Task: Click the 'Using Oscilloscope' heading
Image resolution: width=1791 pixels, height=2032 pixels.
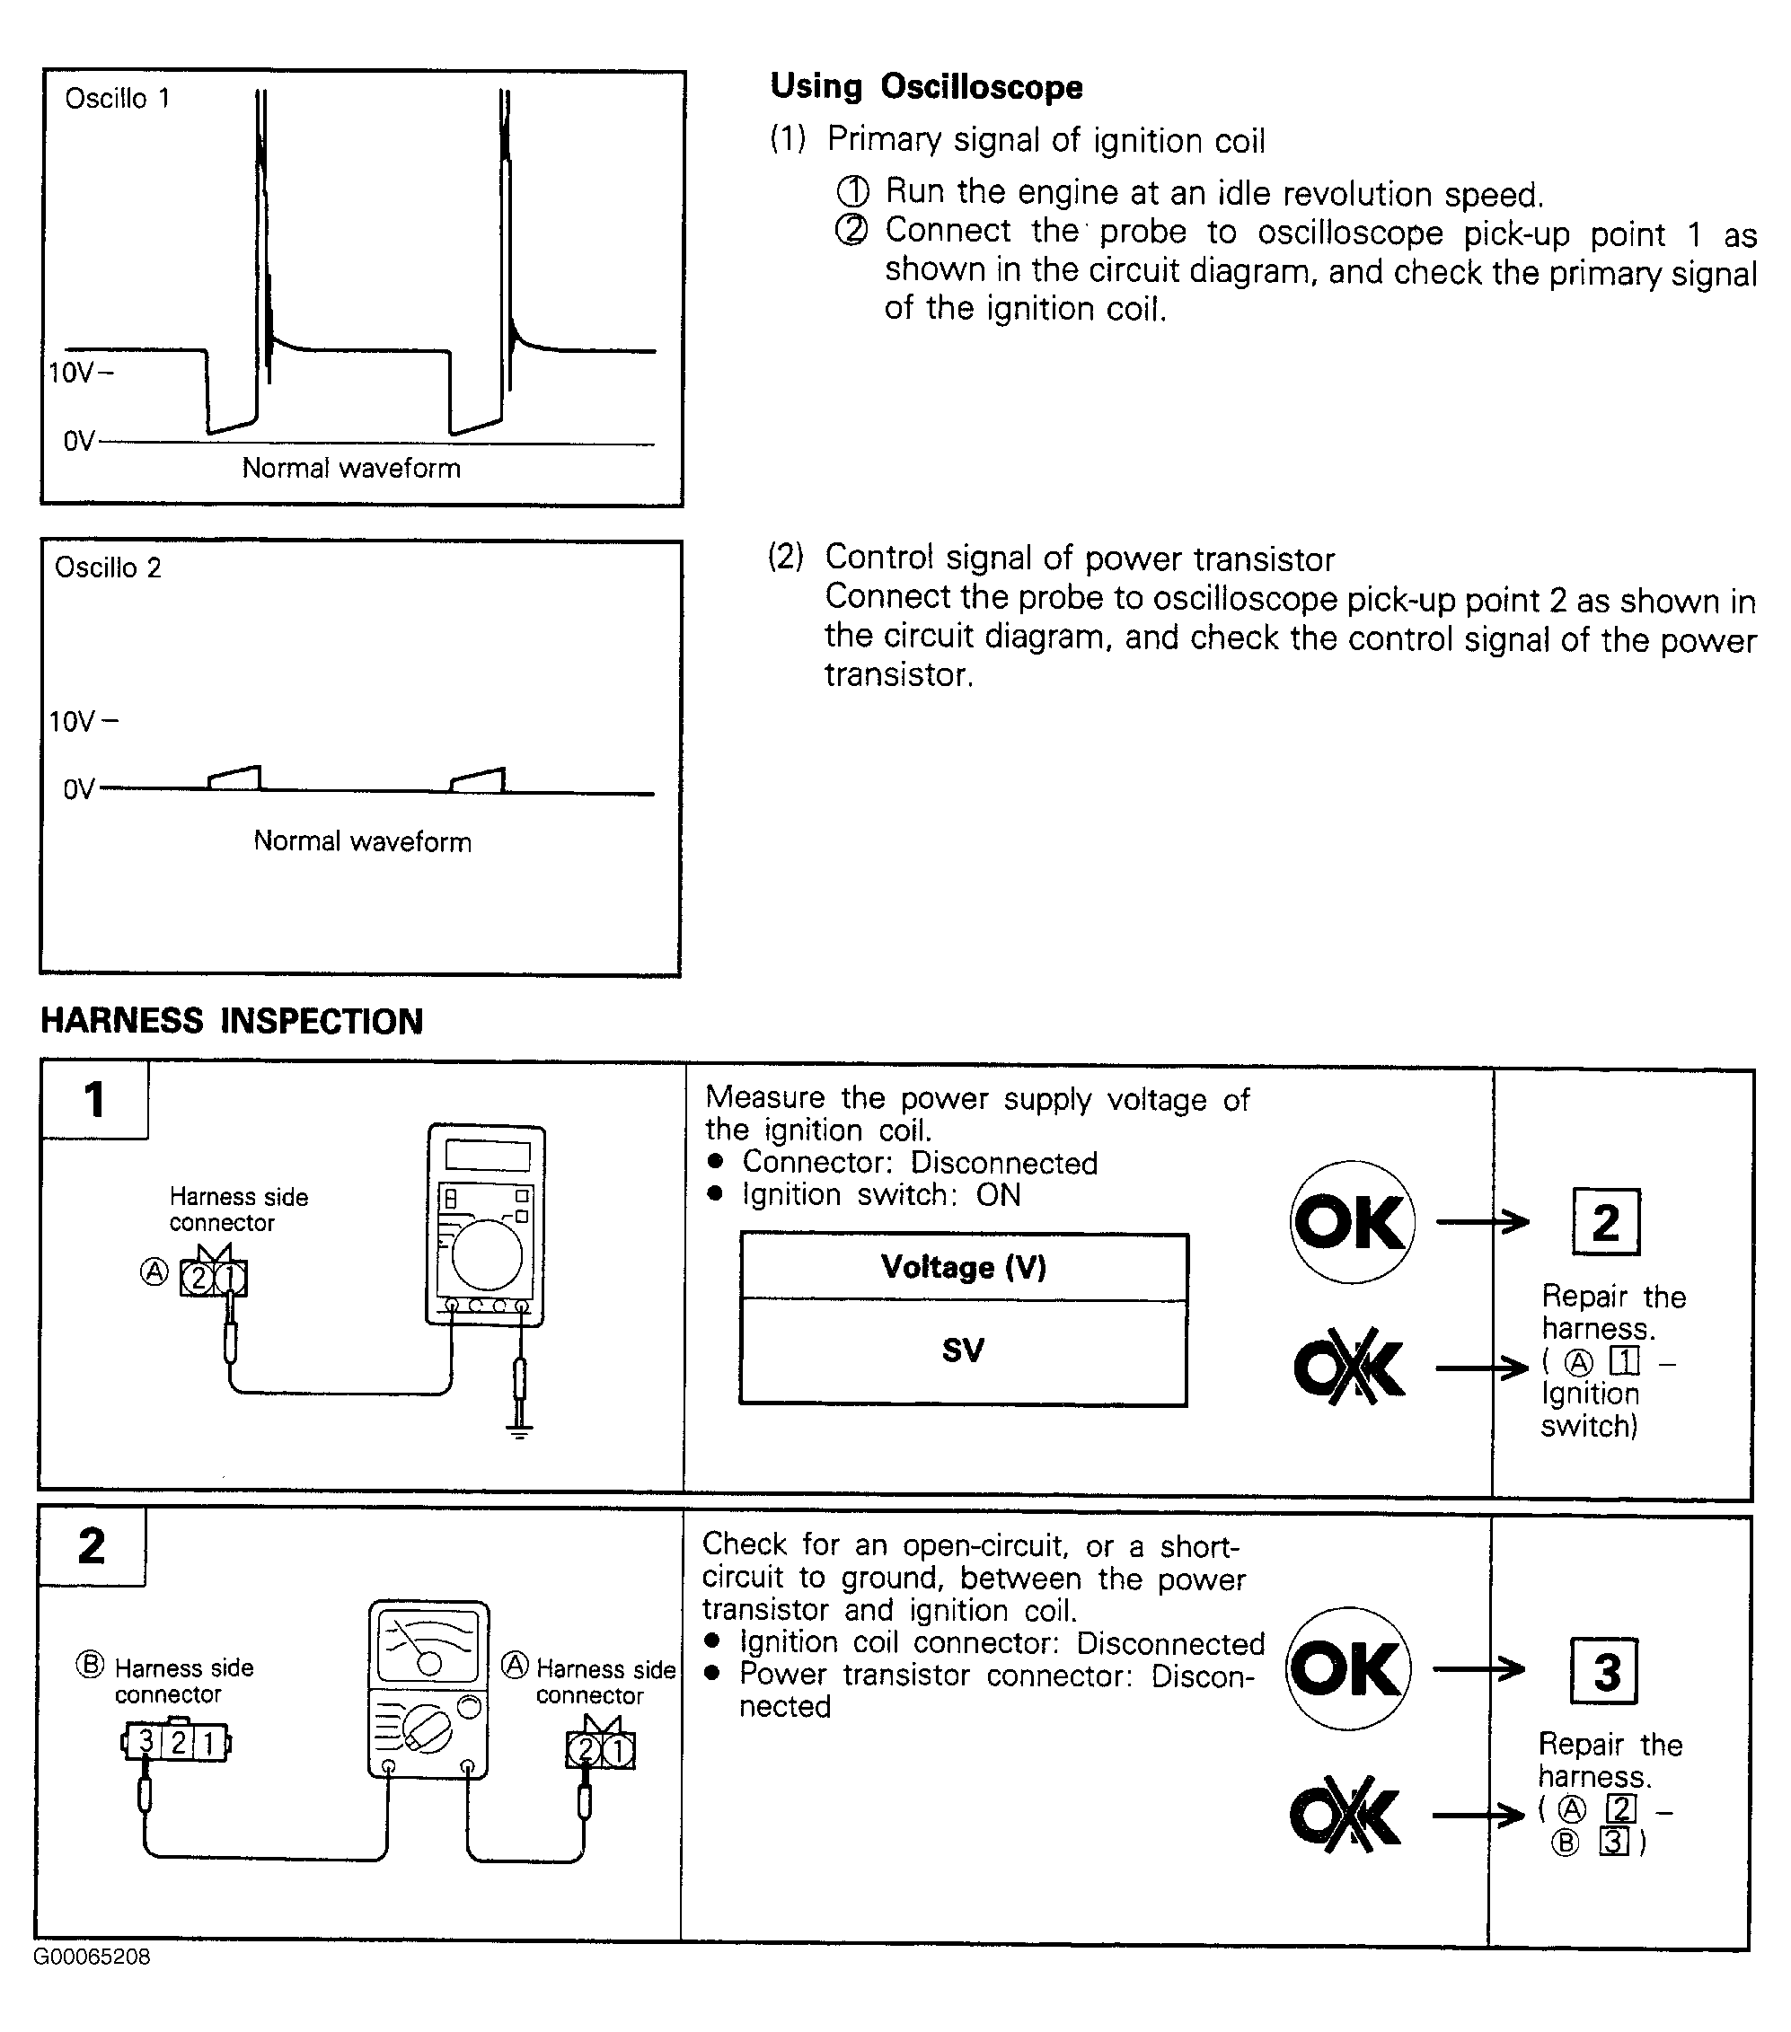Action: coord(926,87)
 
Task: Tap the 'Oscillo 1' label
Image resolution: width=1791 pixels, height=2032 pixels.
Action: coord(118,99)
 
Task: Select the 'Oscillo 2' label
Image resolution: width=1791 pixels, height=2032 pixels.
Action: coord(108,567)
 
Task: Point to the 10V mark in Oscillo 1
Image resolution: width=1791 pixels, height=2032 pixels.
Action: coord(80,373)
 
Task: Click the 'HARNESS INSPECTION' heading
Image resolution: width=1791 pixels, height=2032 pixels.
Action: coord(232,1021)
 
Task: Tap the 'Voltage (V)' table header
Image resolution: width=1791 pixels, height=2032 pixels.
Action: coord(963,1266)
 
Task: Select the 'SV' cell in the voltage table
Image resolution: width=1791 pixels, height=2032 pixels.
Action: coord(963,1350)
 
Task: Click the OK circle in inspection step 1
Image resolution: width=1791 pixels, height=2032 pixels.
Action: coord(1351,1222)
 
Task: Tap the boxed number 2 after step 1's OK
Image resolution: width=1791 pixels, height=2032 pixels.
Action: coord(1606,1222)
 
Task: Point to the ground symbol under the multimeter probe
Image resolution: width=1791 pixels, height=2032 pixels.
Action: coord(519,1431)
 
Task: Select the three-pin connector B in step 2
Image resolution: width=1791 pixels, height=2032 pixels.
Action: coord(177,1743)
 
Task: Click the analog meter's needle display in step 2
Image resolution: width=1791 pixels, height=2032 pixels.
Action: coord(428,1645)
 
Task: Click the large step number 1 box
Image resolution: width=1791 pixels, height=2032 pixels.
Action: coord(94,1099)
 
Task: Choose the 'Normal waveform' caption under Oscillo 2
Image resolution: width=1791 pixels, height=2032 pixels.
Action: coord(362,841)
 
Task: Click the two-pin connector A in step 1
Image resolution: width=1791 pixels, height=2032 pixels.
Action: coord(214,1278)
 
